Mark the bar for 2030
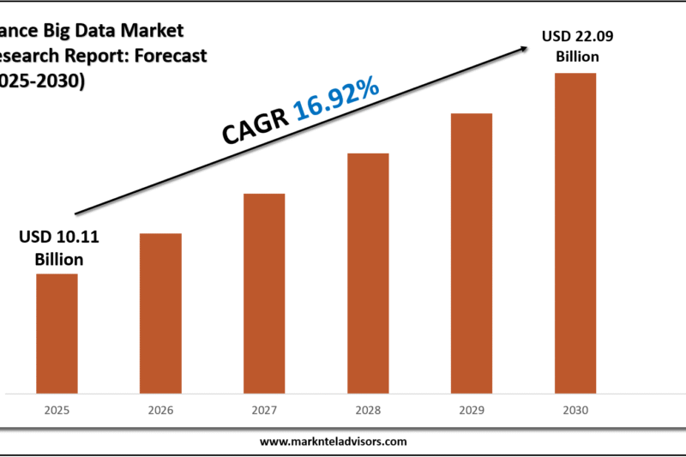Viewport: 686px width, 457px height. click(575, 234)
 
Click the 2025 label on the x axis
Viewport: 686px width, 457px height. click(57, 411)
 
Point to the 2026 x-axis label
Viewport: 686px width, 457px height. click(160, 411)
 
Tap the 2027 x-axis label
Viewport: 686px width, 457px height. click(264, 411)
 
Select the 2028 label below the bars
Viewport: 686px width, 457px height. click(368, 411)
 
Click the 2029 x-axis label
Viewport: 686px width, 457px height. click(472, 411)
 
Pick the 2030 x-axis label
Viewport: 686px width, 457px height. click(575, 411)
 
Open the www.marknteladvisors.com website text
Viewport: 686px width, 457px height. click(333, 442)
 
